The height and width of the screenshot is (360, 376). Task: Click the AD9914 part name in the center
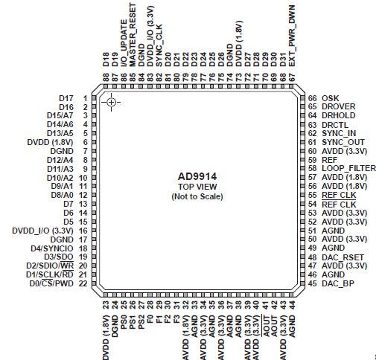[x=197, y=176]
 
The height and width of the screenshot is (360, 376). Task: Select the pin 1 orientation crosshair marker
[x=111, y=102]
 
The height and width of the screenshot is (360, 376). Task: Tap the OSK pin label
[x=331, y=98]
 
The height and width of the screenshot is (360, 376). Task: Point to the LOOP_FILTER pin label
[x=349, y=168]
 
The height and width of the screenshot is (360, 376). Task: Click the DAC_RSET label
[x=342, y=257]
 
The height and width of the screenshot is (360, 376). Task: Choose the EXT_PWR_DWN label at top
[x=292, y=36]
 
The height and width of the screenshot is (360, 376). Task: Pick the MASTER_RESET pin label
[x=133, y=35]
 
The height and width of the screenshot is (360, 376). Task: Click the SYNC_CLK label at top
[x=159, y=45]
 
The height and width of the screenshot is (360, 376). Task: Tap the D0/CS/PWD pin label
[x=51, y=283]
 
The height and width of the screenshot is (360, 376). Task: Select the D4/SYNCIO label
[x=52, y=248]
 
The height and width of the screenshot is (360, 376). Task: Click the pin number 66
[x=313, y=98]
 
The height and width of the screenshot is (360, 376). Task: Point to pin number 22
[x=83, y=283]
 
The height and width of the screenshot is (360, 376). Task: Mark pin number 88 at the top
[x=106, y=77]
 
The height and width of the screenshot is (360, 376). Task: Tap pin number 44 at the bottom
[x=292, y=305]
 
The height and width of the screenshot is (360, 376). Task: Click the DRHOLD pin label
[x=339, y=115]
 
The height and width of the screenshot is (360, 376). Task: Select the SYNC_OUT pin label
[x=343, y=142]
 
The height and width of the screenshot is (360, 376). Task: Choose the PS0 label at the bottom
[x=124, y=322]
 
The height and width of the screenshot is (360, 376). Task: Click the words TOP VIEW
[x=197, y=187]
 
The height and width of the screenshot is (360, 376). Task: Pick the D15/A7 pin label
[x=60, y=115]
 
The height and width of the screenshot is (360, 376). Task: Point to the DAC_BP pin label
[x=338, y=283]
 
